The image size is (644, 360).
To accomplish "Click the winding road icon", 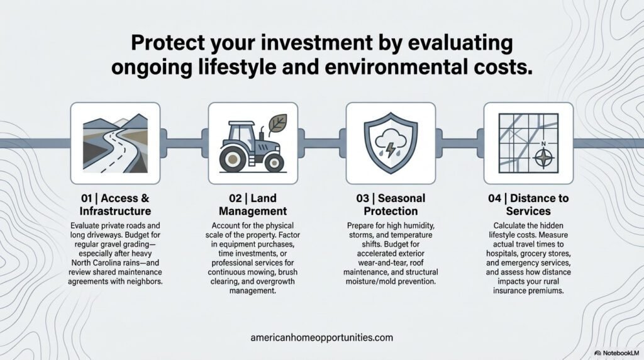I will coord(115,142).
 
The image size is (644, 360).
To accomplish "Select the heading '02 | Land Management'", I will coord(253,205).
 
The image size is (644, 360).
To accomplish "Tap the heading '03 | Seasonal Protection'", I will coord(391,205).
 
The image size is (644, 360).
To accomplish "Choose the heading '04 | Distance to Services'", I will coord(528,205).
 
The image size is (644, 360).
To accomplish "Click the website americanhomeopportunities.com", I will coord(321,337).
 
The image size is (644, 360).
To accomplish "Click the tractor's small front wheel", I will coord(274,162).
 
